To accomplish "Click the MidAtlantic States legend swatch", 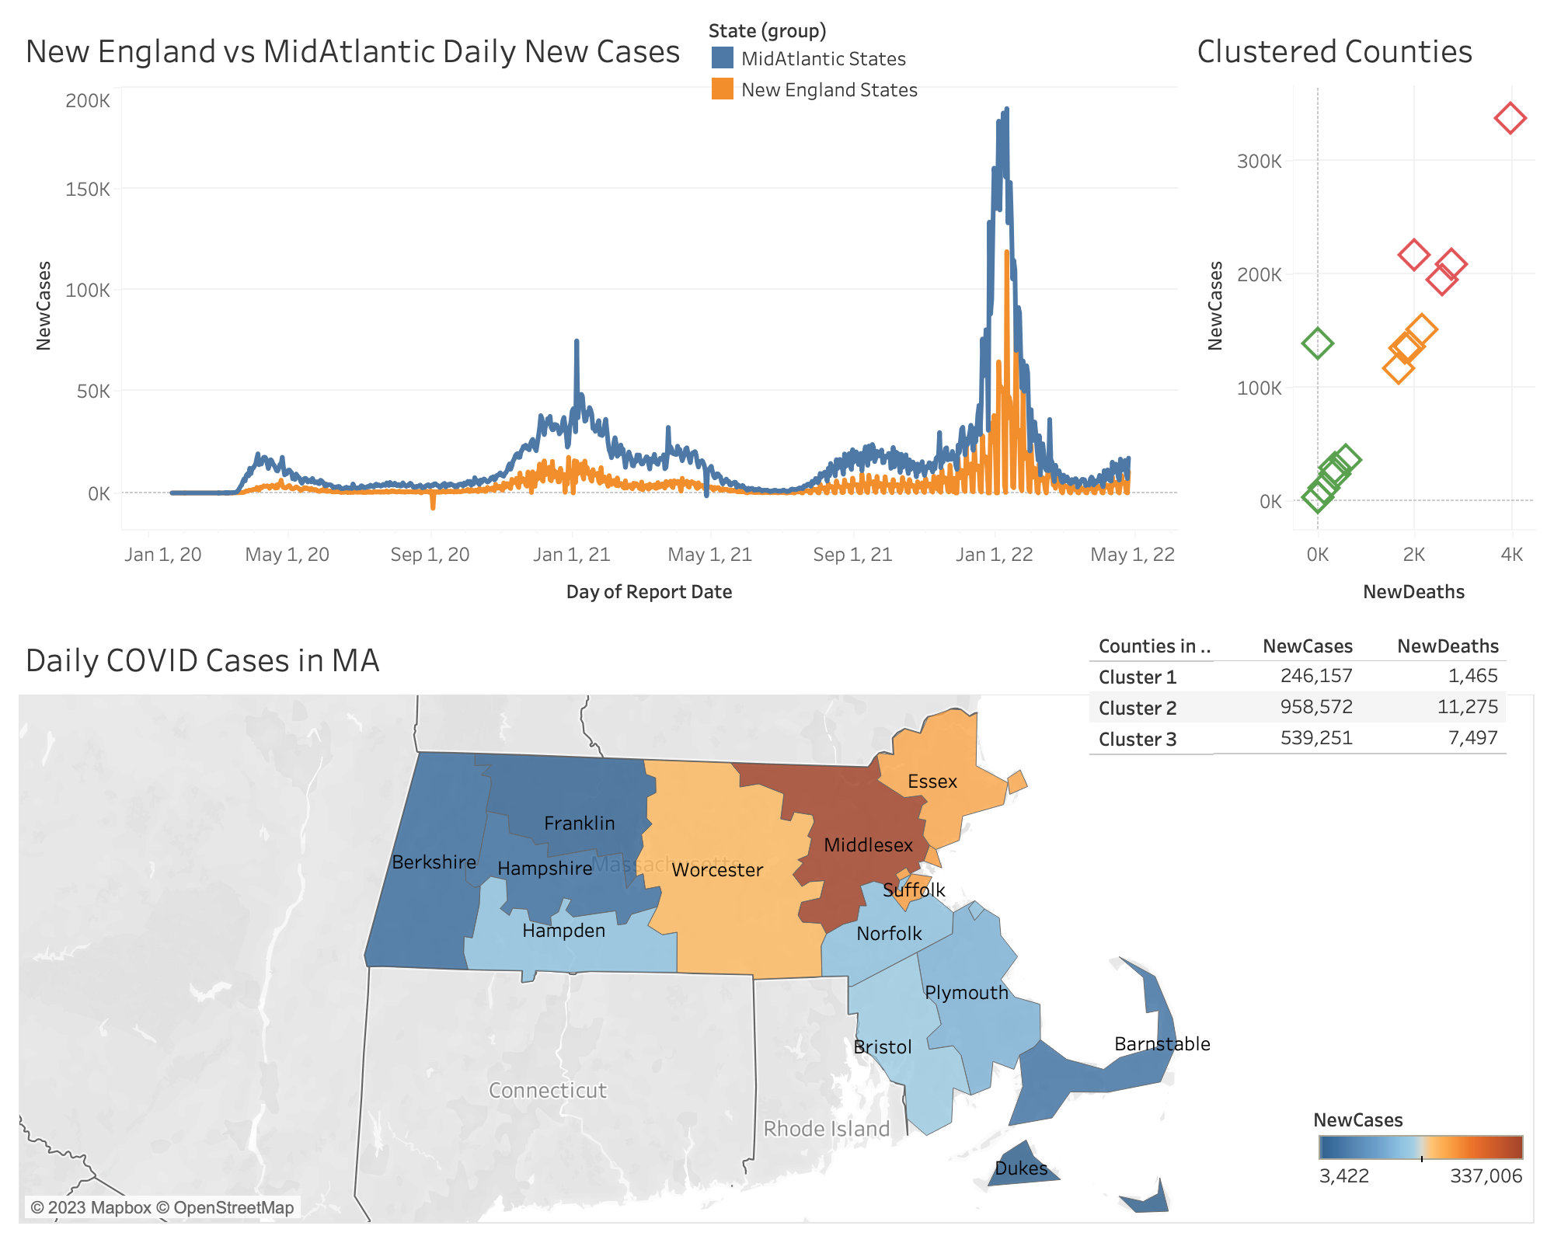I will [723, 58].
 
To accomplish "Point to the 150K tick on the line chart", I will [88, 190].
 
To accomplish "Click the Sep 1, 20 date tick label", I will [430, 555].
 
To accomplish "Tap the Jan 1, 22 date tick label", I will [994, 555].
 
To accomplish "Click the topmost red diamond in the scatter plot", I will [1510, 119].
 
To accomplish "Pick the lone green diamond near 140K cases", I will [1317, 343].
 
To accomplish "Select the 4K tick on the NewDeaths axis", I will [1511, 555].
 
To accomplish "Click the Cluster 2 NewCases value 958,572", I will [1316, 707].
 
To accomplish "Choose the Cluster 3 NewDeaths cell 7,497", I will [1472, 738].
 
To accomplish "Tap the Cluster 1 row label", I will [1138, 677].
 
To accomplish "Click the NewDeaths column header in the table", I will [1448, 646].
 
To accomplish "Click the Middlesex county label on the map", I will [868, 845].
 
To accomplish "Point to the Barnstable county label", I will [1162, 1044].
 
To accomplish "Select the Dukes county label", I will [1021, 1168].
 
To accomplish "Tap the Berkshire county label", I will [434, 862].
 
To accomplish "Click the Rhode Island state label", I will [826, 1129].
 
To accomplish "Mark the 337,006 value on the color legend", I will [1486, 1176].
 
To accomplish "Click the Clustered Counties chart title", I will [1334, 52].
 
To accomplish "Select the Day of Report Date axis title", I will [649, 592].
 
